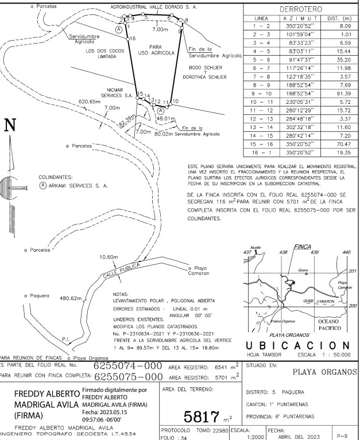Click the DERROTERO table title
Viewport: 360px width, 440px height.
point(300,10)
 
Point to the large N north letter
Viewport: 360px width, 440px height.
point(10,126)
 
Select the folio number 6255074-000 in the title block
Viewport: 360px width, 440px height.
point(128,366)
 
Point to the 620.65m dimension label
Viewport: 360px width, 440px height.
point(89,102)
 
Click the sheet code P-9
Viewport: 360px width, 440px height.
point(342,435)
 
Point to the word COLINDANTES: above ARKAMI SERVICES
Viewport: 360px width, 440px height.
point(55,177)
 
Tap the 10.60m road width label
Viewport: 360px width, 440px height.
point(109,256)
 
